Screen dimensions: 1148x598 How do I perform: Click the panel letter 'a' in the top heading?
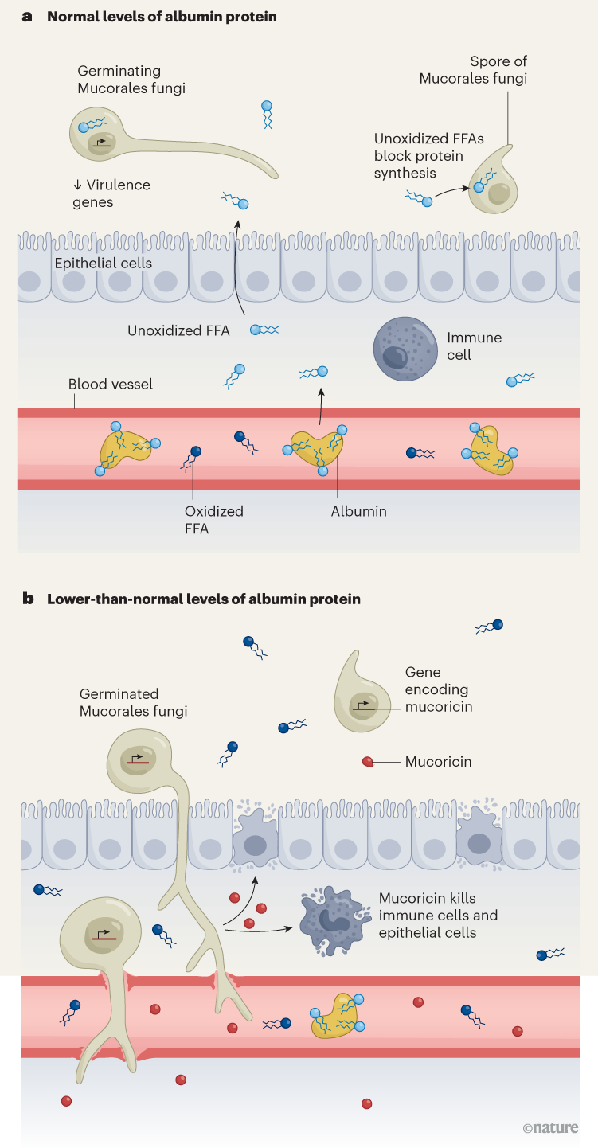[x=27, y=17]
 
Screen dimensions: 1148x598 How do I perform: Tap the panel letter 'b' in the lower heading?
[x=28, y=599]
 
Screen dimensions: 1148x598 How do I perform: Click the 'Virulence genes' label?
[x=111, y=193]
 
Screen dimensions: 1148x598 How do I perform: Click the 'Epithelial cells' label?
[x=103, y=264]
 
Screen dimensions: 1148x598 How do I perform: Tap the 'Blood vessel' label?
[x=110, y=384]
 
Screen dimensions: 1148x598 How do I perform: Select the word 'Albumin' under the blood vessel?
[x=358, y=511]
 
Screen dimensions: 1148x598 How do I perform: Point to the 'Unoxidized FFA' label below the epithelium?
[x=178, y=330]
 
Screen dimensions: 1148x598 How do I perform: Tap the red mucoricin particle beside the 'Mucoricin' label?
[x=367, y=762]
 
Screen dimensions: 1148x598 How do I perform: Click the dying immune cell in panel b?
[x=330, y=922]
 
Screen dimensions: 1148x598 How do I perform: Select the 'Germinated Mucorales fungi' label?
[x=133, y=702]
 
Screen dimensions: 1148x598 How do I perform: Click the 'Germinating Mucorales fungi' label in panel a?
[x=131, y=80]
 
